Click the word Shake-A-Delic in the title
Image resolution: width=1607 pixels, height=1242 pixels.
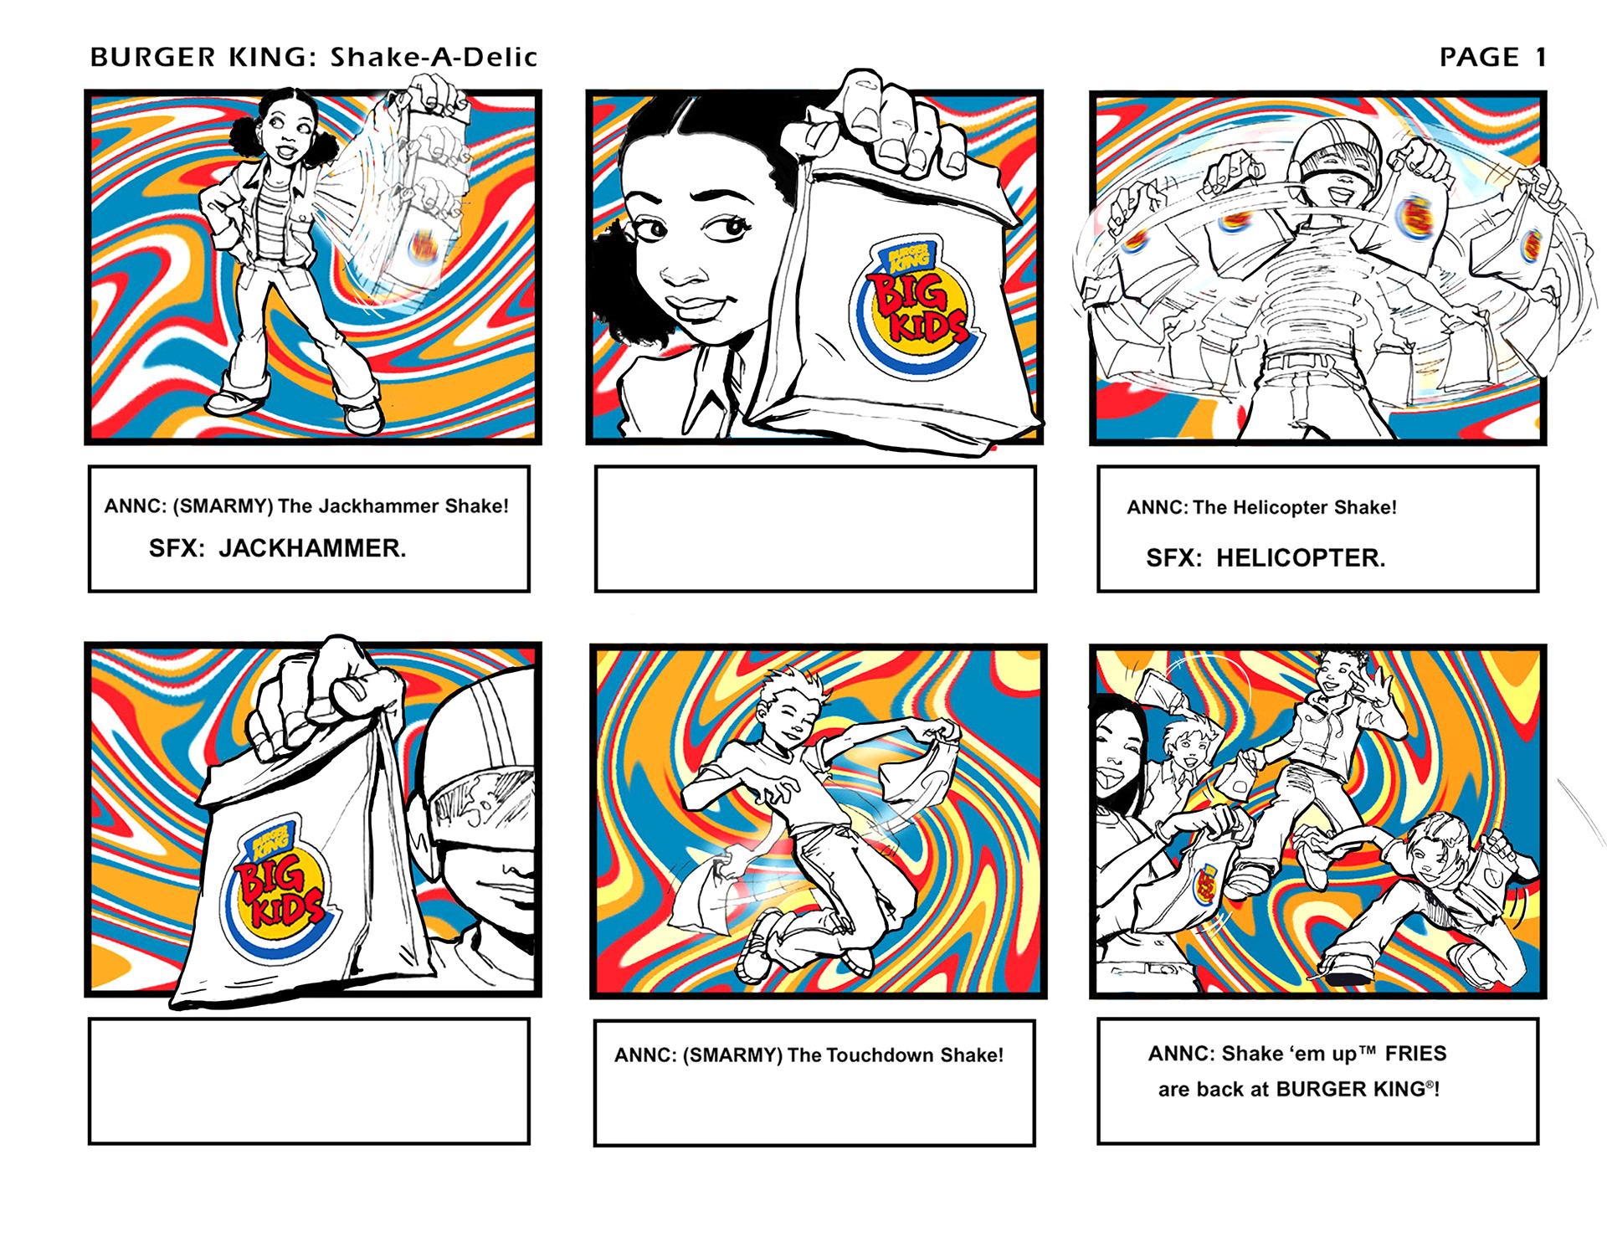[x=434, y=57]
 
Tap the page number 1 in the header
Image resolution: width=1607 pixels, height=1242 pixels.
[x=1540, y=57]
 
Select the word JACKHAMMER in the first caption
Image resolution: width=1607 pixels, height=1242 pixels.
[x=312, y=548]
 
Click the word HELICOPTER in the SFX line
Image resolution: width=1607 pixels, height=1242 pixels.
[x=1301, y=558]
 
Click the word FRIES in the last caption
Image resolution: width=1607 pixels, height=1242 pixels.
[x=1415, y=1053]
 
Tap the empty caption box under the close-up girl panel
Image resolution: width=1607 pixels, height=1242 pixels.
[x=815, y=529]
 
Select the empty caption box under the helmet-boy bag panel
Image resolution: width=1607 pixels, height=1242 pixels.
[x=309, y=1081]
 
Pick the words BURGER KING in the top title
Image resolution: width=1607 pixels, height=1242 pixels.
[x=199, y=57]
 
